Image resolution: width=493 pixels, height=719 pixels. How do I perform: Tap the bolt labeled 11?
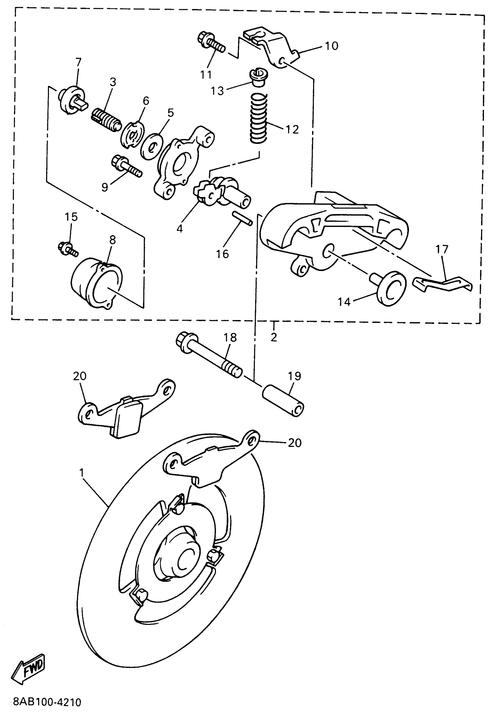[211, 44]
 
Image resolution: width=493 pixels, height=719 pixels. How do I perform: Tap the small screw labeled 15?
[68, 248]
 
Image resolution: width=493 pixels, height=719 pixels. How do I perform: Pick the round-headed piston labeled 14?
[390, 288]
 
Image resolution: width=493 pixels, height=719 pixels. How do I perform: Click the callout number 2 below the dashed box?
[274, 337]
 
